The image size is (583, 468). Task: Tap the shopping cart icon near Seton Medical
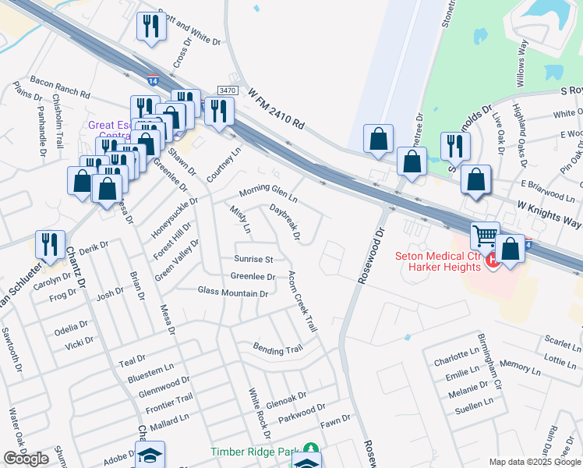point(485,233)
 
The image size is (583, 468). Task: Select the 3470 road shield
point(227,91)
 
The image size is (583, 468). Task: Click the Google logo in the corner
point(26,459)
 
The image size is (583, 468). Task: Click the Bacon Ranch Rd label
point(60,87)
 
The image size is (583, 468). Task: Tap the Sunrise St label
point(253,259)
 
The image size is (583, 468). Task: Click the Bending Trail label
point(277,349)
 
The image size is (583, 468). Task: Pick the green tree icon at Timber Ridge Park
point(311,450)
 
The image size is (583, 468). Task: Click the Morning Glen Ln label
point(268,191)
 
